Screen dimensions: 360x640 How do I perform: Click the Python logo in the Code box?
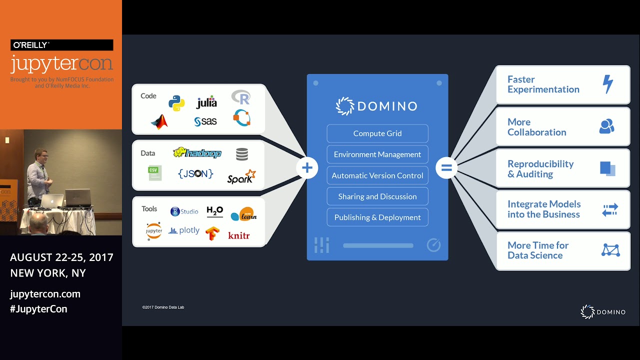click(x=176, y=102)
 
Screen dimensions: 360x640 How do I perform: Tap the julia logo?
click(x=206, y=102)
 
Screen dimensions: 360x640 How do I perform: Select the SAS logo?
click(x=205, y=121)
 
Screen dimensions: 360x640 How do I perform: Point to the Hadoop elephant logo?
click(x=197, y=153)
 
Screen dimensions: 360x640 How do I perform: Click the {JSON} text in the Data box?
click(x=195, y=173)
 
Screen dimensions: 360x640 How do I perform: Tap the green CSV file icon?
click(x=154, y=173)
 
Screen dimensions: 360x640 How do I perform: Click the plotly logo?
click(x=184, y=230)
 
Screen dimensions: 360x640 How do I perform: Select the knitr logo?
click(x=238, y=235)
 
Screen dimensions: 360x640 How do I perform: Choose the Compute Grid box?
click(x=377, y=133)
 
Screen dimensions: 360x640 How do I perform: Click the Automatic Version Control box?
click(x=377, y=175)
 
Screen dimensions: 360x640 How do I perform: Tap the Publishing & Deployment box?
click(x=377, y=217)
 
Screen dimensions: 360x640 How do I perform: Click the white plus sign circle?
click(x=307, y=168)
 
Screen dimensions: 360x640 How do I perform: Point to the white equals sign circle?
click(x=446, y=168)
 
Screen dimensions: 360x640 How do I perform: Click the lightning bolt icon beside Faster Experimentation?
click(x=607, y=84)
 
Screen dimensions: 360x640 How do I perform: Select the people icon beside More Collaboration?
click(x=606, y=126)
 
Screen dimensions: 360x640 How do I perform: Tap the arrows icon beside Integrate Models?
click(x=610, y=210)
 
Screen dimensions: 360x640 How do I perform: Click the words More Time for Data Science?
click(x=538, y=250)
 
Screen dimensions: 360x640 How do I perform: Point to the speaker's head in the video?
click(x=41, y=155)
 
